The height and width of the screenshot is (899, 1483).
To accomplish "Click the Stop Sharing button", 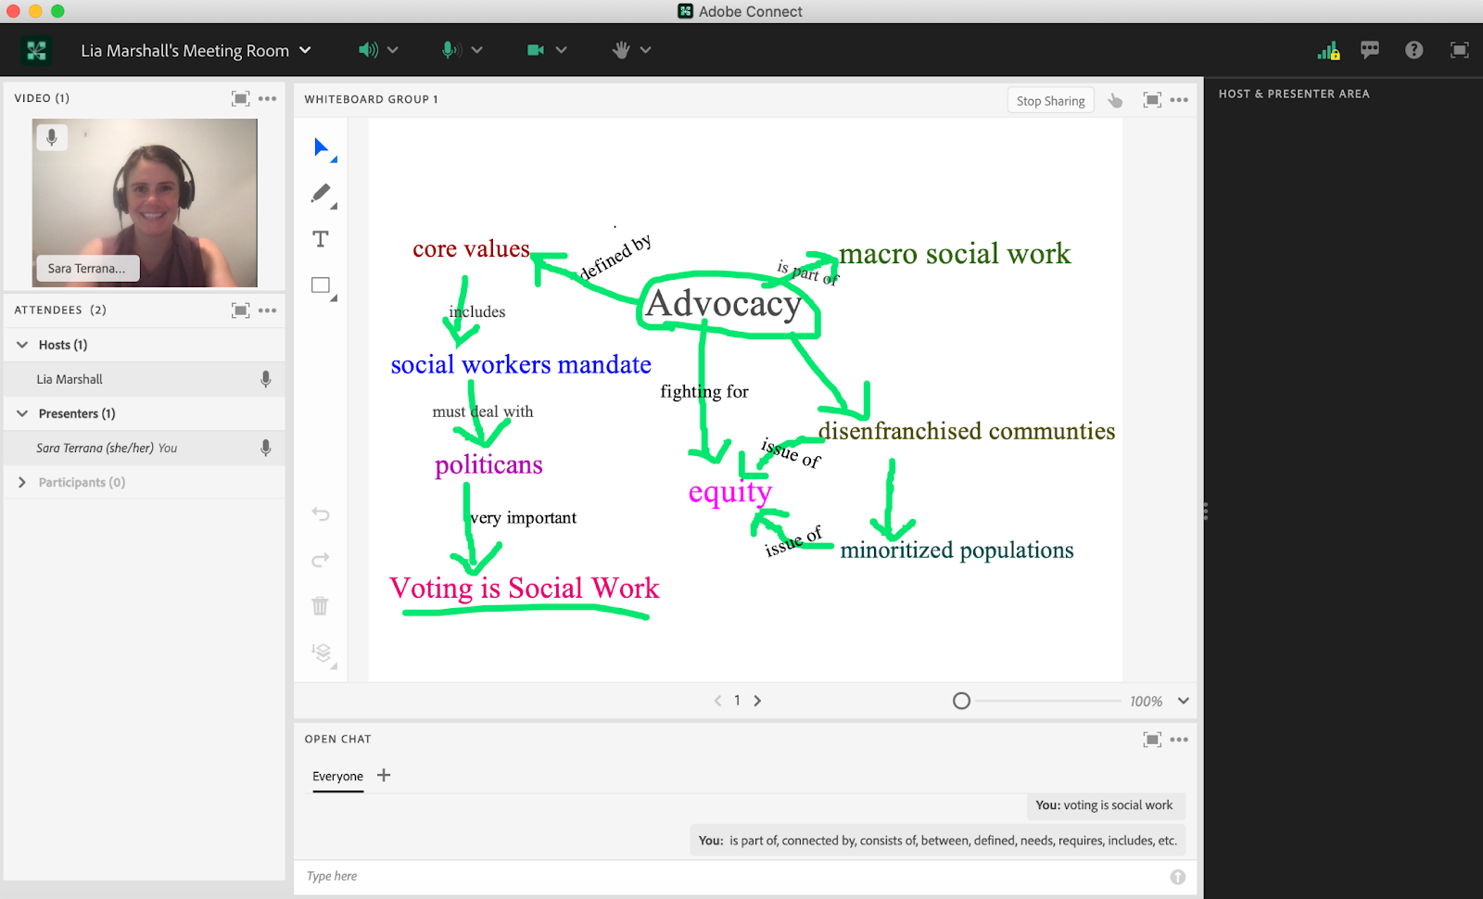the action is tap(1050, 101).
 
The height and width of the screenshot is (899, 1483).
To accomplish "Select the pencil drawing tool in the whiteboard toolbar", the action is tap(321, 194).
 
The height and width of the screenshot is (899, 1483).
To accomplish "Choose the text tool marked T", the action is tap(321, 239).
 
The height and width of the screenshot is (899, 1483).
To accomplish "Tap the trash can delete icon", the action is tap(321, 606).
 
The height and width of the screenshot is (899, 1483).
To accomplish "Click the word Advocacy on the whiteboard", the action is tap(724, 304).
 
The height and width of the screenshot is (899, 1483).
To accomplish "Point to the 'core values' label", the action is tap(471, 248).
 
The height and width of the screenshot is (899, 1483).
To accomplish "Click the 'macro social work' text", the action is tap(954, 254).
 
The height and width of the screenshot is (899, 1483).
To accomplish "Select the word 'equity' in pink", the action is tap(729, 492).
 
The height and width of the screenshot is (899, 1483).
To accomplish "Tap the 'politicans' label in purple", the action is tap(488, 464).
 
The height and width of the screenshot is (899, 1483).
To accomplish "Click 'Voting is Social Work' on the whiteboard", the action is tap(525, 588).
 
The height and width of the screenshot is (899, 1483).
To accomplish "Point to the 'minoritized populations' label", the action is tap(957, 551).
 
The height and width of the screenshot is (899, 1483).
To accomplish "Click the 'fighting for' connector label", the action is tap(704, 391).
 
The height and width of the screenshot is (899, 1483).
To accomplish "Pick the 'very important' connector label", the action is tap(523, 518).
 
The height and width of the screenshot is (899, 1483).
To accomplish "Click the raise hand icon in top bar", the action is tap(621, 50).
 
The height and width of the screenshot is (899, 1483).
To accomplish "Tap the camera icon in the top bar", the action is tap(536, 50).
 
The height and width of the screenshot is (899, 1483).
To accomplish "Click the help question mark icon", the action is tap(1413, 50).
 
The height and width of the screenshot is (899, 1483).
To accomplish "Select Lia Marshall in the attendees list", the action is tap(70, 379).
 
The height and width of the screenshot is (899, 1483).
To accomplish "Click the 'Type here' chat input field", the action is tap(735, 876).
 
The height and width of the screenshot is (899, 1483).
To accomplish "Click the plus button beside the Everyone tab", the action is tap(384, 775).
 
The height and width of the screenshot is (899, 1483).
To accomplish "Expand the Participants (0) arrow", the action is tap(22, 482).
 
